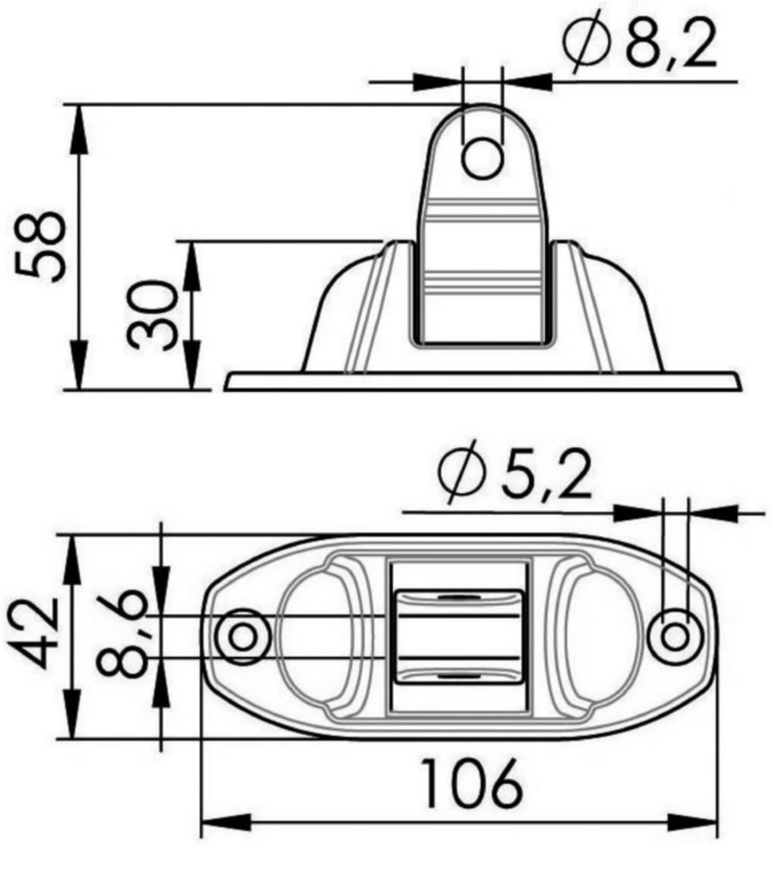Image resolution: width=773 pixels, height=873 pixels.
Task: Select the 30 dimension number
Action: (x=151, y=315)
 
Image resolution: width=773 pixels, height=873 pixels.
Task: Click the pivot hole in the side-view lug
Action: (x=483, y=159)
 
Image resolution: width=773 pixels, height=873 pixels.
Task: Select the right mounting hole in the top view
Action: (x=675, y=636)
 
